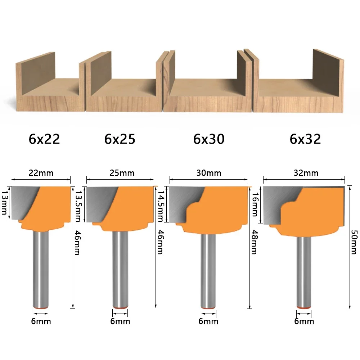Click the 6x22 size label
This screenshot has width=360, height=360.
click(x=44, y=139)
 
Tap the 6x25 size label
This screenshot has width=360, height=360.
click(x=120, y=139)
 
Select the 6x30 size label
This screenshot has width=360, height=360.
click(x=209, y=139)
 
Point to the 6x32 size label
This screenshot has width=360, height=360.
click(x=305, y=139)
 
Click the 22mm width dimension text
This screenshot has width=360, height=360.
click(x=41, y=173)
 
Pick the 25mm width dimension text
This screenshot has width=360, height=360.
click(x=122, y=173)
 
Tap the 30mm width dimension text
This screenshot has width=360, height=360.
click(x=209, y=173)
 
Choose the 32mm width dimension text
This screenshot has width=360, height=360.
click(x=306, y=173)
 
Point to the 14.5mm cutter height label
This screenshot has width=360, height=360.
click(x=161, y=206)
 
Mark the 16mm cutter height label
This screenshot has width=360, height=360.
click(x=255, y=204)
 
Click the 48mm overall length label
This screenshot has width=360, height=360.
click(x=254, y=242)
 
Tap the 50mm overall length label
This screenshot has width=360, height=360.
click(x=354, y=242)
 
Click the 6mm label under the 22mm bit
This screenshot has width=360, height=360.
click(x=41, y=321)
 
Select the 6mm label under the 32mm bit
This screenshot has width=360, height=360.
click(x=304, y=321)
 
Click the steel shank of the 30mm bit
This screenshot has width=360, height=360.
click(x=208, y=271)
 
